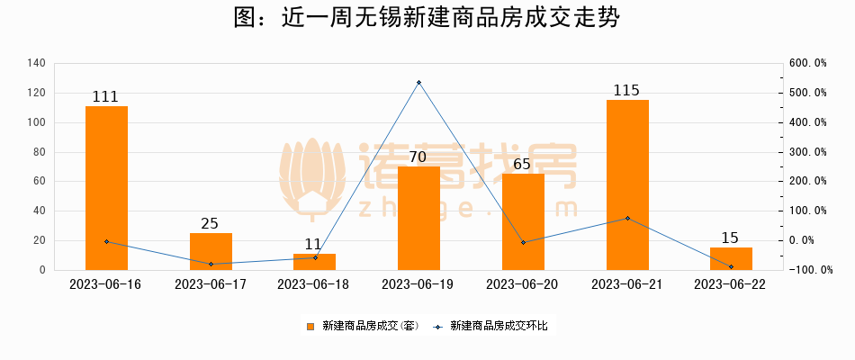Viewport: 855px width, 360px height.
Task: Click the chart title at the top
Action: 427,19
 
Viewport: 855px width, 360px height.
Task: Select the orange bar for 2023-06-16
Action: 106,188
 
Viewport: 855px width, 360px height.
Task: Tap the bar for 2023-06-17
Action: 211,251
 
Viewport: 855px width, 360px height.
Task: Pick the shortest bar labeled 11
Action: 315,262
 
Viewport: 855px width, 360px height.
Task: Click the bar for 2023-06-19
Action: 418,218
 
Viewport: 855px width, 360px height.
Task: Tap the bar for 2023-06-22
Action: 731,258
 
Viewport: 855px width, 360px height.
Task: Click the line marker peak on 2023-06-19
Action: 418,83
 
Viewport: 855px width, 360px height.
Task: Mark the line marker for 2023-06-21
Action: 627,218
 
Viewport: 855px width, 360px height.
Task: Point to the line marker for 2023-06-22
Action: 731,266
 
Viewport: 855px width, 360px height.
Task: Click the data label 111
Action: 106,97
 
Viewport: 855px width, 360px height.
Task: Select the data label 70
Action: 418,157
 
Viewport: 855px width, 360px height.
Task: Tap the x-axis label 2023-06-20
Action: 523,284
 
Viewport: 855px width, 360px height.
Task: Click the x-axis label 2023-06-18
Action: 315,284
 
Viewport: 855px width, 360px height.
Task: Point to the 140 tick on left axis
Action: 36,63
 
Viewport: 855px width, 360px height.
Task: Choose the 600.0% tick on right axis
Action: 807,63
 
